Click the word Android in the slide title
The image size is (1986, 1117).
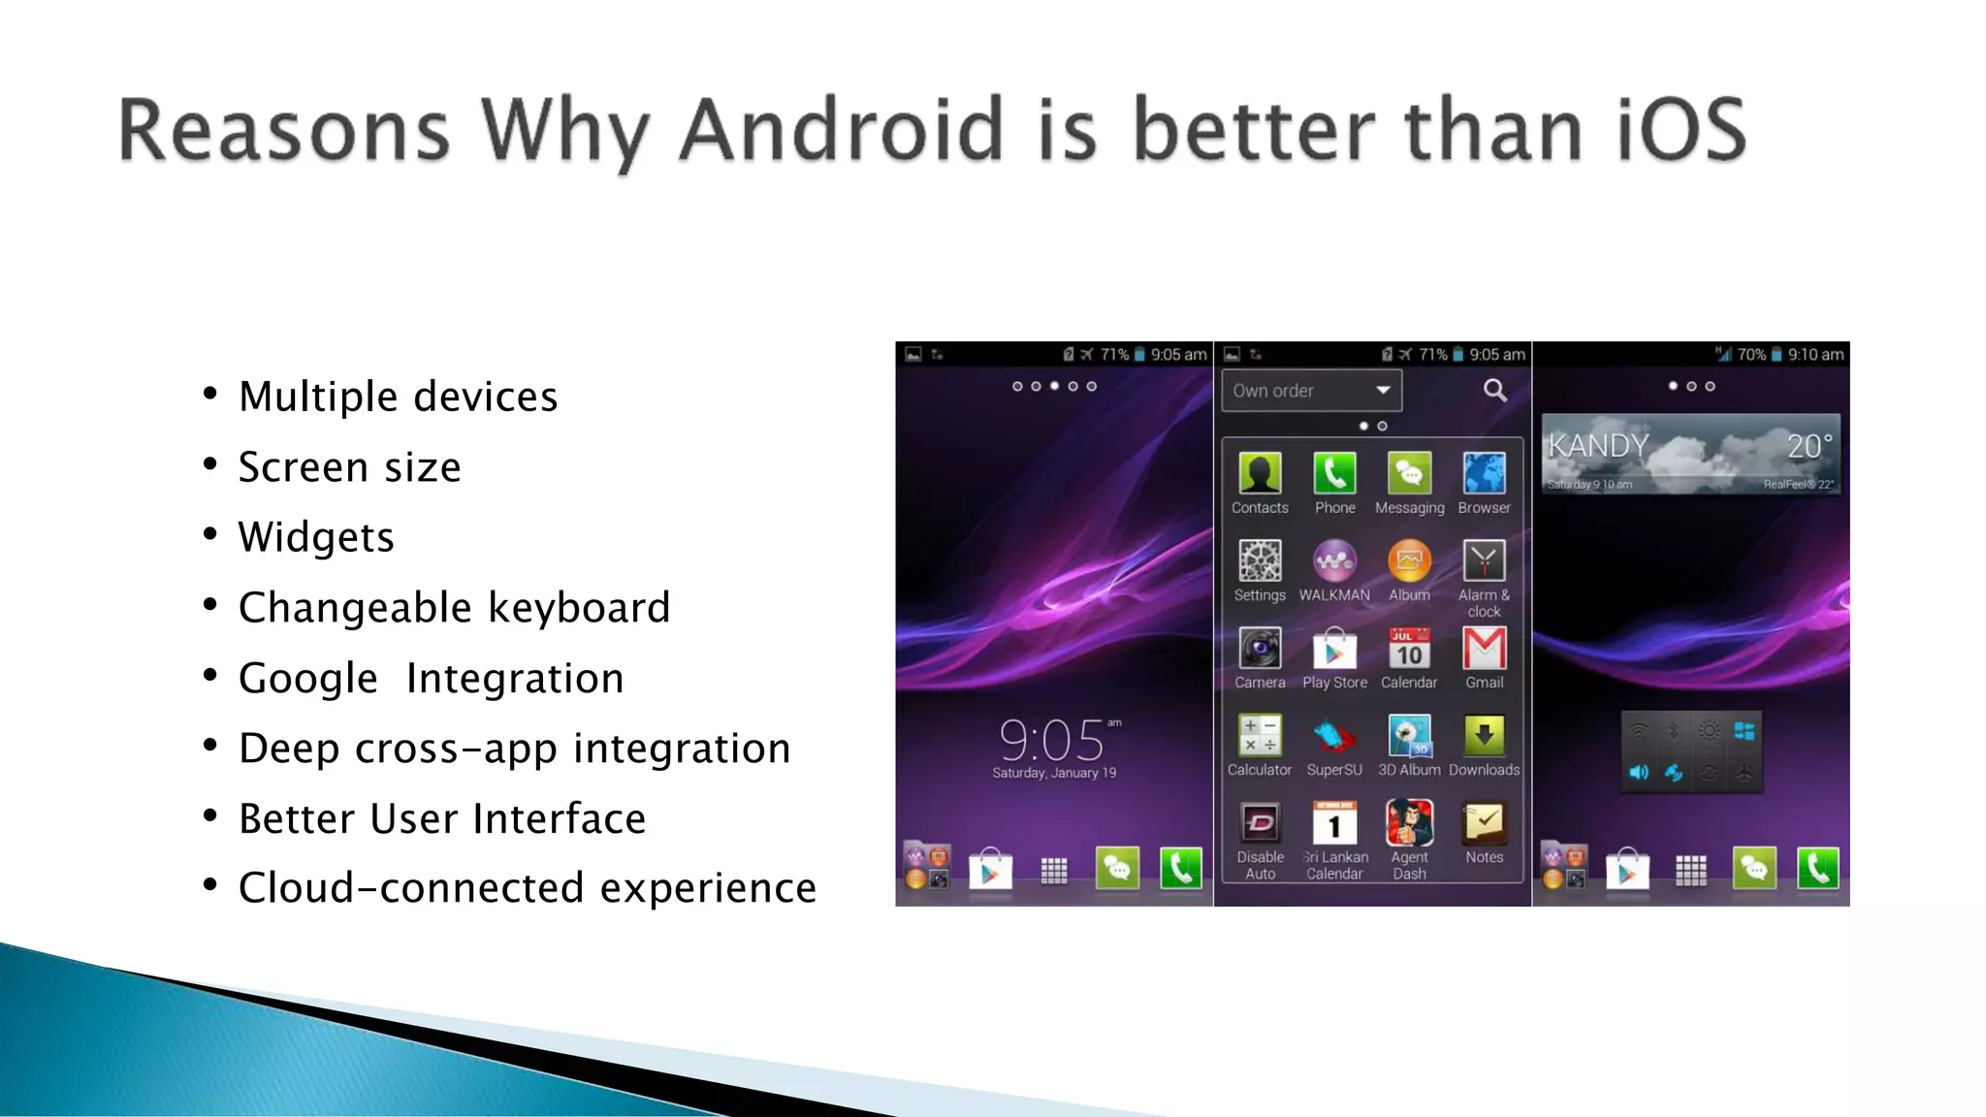pos(840,130)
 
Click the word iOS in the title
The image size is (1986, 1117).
pos(1681,130)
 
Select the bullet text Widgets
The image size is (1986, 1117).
pos(316,537)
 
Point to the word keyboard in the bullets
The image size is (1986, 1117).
pos(579,608)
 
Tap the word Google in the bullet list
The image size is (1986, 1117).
pos(308,678)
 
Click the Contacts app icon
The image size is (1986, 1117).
pos(1260,474)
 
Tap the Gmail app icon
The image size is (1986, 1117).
pos(1484,649)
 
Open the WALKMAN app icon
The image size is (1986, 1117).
pos(1334,561)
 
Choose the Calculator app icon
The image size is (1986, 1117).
pos(1260,736)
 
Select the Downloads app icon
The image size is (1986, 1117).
pos(1484,736)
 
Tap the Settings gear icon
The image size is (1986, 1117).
pos(1260,561)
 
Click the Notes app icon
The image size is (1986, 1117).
pos(1484,823)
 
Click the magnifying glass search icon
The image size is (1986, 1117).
pos(1494,391)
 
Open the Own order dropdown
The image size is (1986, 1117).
pos(1311,391)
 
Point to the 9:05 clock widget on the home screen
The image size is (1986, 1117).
pos(1053,742)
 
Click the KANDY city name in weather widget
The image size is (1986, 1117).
pos(1598,446)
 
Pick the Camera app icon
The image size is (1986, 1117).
pos(1260,649)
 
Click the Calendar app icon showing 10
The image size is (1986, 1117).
pos(1409,649)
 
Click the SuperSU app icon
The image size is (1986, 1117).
pos(1334,736)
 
